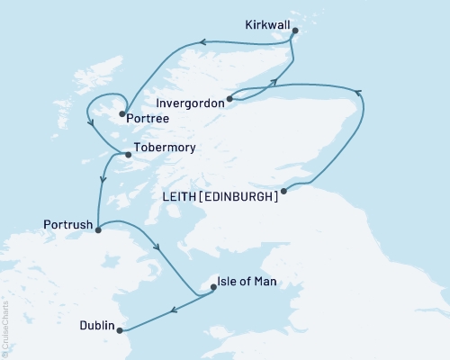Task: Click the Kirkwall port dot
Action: [295, 29]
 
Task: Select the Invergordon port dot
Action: [229, 99]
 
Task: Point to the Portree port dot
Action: [121, 113]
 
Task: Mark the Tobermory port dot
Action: [127, 155]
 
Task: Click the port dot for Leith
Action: [283, 191]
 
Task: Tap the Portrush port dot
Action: [98, 229]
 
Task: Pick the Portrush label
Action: [66, 222]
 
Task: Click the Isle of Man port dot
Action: [213, 288]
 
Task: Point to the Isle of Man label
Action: [247, 283]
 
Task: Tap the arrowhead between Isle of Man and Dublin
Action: [175, 310]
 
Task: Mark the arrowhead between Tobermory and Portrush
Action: [103, 179]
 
